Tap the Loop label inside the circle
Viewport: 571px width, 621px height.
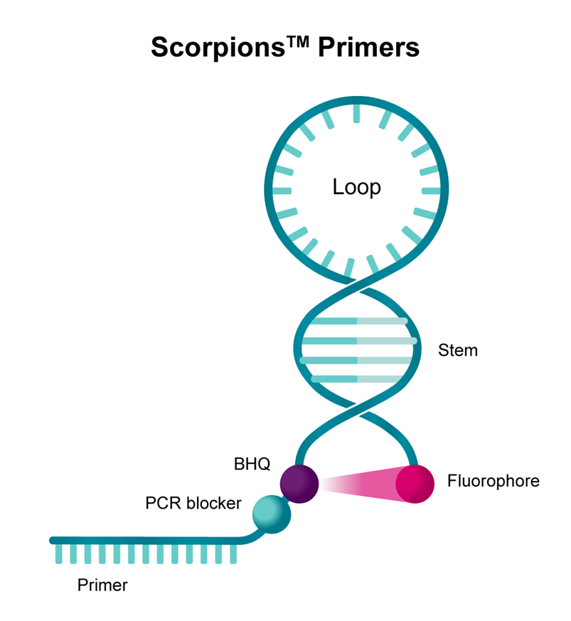[356, 187]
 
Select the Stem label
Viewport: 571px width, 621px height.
[457, 351]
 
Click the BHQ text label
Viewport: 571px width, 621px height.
[252, 465]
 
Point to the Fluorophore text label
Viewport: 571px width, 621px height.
[493, 481]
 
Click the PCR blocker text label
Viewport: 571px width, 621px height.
[193, 504]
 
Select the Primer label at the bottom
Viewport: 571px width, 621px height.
[102, 585]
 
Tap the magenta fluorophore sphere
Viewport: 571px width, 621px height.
[415, 483]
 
